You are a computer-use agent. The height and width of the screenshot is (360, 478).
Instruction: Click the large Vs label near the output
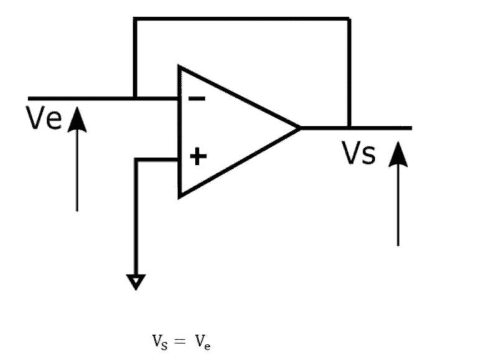click(358, 153)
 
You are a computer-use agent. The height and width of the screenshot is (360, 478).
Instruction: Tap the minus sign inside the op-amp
click(196, 98)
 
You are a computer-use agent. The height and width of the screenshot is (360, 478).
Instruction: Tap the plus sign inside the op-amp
click(197, 156)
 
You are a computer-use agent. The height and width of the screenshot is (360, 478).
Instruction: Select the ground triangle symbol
click(136, 283)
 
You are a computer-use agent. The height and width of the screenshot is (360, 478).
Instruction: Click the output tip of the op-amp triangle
click(299, 128)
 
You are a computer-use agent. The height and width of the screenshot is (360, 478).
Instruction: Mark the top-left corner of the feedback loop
click(134, 19)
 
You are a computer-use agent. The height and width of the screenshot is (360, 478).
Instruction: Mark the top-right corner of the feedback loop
click(349, 19)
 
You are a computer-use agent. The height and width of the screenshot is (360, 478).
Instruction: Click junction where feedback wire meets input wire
click(134, 98)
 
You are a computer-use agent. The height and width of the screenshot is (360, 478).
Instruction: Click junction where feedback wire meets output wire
click(349, 128)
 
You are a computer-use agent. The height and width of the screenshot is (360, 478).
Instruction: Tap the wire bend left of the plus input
click(136, 160)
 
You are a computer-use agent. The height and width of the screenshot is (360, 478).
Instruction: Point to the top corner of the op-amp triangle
click(180, 66)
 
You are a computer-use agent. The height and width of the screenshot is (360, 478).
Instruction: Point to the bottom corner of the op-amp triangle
click(180, 196)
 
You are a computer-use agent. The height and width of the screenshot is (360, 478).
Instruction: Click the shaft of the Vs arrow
click(398, 206)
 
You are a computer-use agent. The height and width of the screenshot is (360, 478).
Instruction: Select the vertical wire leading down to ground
click(136, 218)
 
